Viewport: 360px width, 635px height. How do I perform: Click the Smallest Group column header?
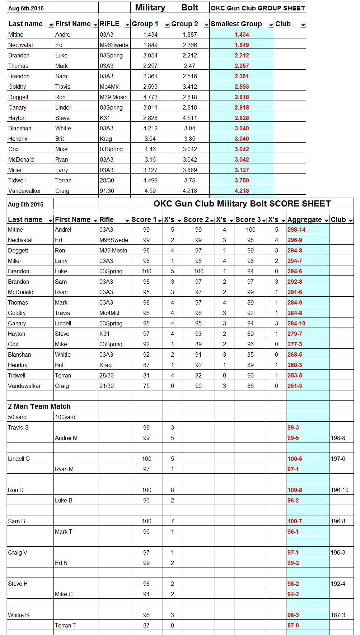point(236,24)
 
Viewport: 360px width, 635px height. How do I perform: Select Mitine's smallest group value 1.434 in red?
point(242,34)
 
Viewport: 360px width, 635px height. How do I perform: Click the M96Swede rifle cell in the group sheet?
point(114,45)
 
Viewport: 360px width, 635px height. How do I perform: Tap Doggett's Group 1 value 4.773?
point(150,97)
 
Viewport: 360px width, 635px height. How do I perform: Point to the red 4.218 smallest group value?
point(242,191)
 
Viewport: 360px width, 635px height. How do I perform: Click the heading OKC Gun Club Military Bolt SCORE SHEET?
point(242,204)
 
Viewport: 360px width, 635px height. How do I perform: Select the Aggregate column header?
point(304,219)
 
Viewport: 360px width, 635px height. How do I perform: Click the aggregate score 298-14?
point(296,230)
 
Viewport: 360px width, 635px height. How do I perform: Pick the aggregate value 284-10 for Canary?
point(296,323)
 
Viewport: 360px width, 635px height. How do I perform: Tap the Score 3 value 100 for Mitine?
point(251,230)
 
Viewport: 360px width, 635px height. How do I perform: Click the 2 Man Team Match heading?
point(39,406)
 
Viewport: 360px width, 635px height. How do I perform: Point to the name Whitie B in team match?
point(18,615)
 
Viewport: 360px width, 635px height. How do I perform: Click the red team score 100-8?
point(295,490)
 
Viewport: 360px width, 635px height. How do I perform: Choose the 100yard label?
point(65,417)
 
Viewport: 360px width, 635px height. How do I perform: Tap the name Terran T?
point(65,625)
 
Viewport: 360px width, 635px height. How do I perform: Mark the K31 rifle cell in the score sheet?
point(104,334)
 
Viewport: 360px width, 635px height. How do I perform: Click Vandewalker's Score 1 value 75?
point(146,386)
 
